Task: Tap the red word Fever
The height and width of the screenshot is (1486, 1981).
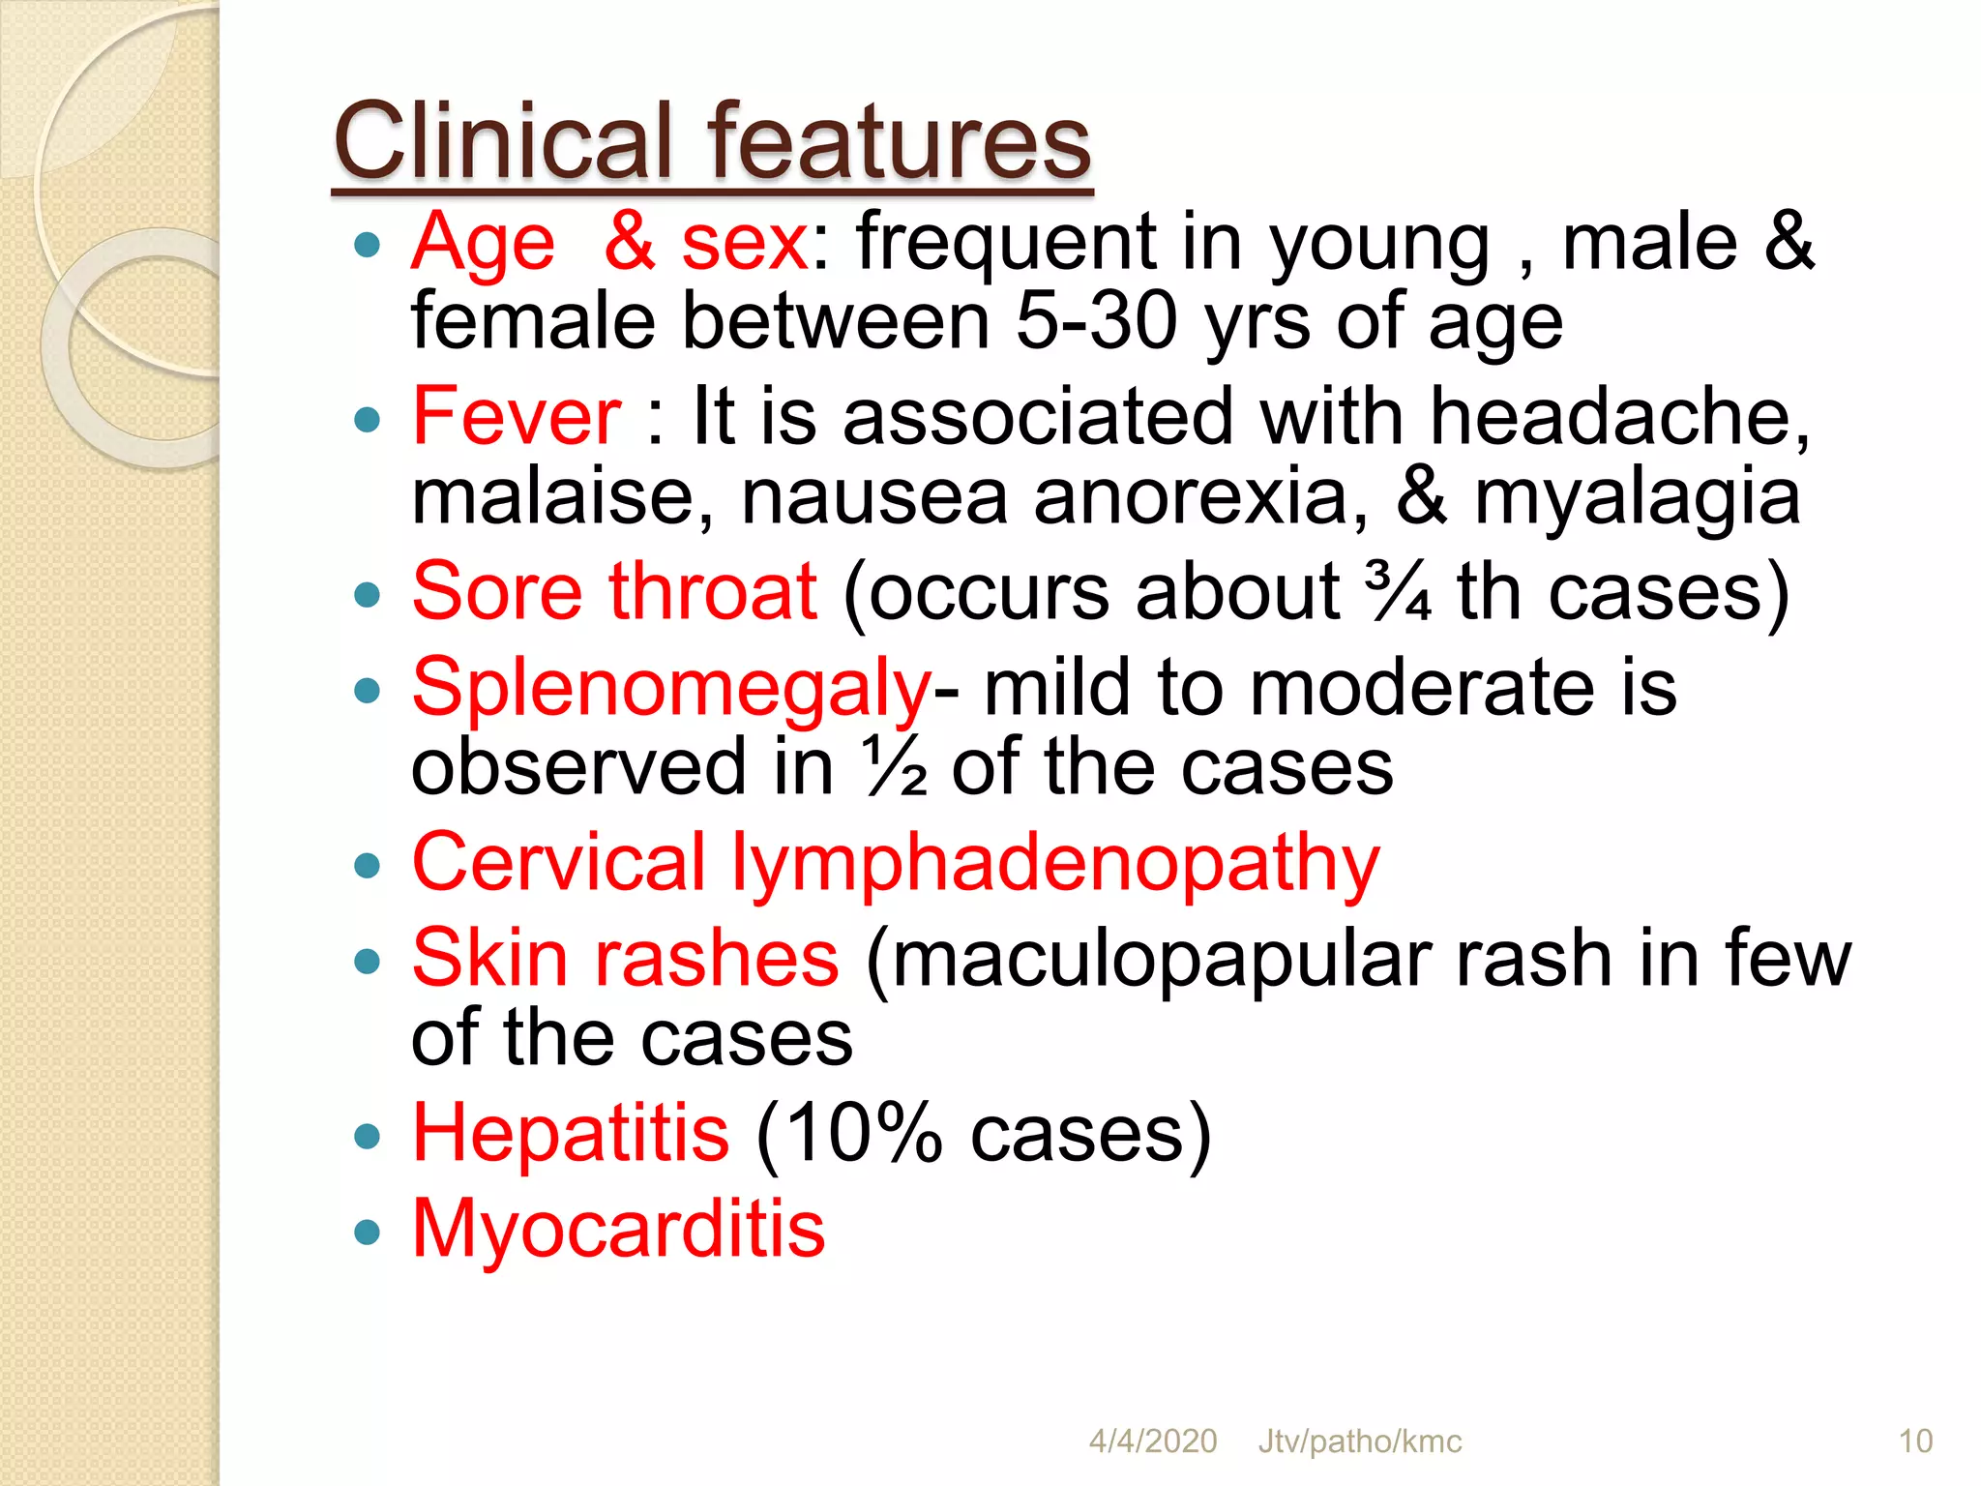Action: [517, 416]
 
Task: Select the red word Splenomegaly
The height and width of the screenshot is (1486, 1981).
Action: [671, 689]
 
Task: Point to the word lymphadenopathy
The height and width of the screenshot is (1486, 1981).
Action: [1055, 863]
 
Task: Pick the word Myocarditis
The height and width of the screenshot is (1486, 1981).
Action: [619, 1229]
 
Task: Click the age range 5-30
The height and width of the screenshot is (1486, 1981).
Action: [1097, 322]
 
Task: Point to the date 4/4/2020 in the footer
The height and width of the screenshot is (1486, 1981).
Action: [1153, 1441]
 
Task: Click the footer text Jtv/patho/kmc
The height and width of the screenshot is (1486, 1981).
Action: [1360, 1441]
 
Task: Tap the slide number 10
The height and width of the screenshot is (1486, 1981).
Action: [1915, 1441]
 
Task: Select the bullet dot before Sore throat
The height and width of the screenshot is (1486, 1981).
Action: [367, 594]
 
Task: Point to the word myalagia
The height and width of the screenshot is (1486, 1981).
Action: [1637, 496]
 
